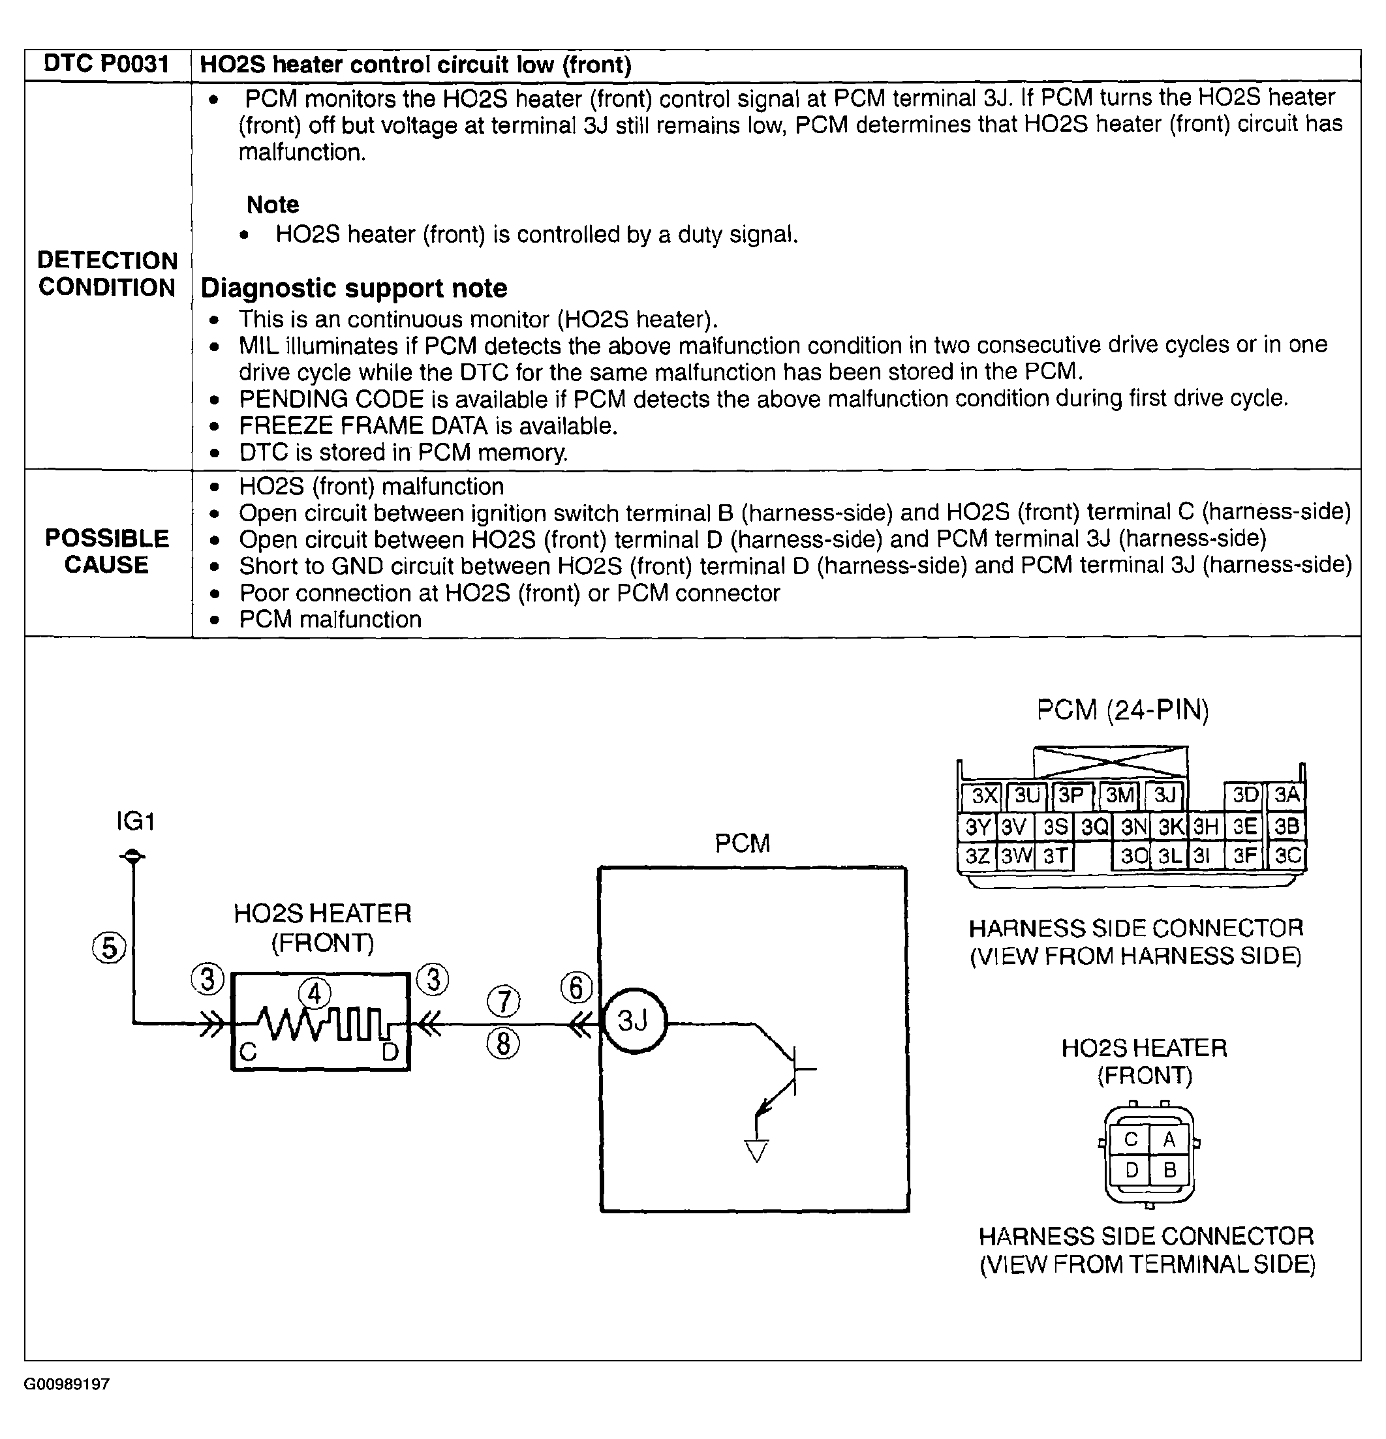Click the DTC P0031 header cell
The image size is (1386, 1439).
tap(107, 65)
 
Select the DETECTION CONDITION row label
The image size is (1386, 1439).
tap(107, 274)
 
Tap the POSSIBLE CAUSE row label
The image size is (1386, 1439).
tap(107, 551)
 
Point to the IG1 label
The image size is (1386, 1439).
tap(135, 821)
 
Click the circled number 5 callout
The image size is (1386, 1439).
tap(109, 947)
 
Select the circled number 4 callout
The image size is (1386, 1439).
tap(315, 994)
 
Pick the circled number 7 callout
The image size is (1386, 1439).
tap(503, 1001)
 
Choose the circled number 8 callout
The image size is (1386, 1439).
tap(503, 1044)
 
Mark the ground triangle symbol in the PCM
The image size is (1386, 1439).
tap(756, 1151)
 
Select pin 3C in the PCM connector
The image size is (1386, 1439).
tap(1287, 855)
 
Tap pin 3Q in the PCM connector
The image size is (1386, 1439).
tap(1094, 827)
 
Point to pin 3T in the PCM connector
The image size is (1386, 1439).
tap(1055, 856)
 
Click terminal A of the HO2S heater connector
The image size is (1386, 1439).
tap(1169, 1140)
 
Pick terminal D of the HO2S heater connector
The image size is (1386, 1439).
tap(1131, 1170)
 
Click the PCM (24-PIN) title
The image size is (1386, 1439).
tap(1122, 710)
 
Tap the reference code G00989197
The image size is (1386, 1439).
tap(67, 1385)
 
